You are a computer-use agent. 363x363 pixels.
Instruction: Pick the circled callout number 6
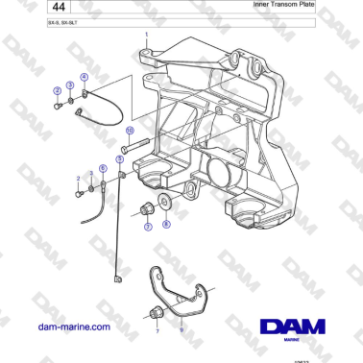click(103, 169)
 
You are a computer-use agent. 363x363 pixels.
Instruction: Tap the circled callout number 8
click(165, 225)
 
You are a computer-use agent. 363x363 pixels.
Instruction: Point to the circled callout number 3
click(70, 85)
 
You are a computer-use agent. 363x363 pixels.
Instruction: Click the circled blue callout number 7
click(147, 227)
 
